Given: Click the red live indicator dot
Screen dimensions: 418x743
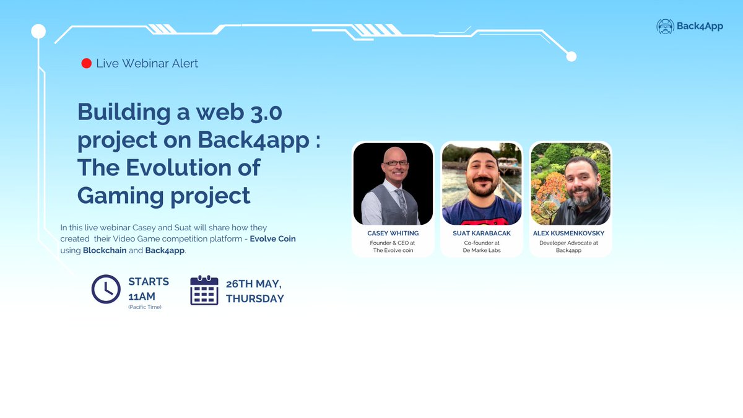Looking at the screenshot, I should tap(87, 63).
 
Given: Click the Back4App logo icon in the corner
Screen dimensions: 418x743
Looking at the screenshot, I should tap(666, 26).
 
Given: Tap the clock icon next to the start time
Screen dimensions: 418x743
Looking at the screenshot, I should tap(106, 289).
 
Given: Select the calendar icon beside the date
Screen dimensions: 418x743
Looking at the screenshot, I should tap(204, 290).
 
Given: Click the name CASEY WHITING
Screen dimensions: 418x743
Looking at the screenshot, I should tap(393, 233).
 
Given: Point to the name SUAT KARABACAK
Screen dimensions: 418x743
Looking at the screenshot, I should tap(482, 233).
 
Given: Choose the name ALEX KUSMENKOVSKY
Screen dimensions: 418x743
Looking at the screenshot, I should tap(568, 233).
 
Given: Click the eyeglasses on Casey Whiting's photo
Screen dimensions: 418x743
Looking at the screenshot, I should tap(396, 163).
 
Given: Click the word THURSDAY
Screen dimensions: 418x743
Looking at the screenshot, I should tap(254, 298).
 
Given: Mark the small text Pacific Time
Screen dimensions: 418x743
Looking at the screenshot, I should tap(144, 307).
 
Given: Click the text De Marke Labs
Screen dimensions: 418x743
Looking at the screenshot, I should tap(482, 251).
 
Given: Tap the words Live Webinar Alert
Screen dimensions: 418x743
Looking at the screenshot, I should tap(147, 63).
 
